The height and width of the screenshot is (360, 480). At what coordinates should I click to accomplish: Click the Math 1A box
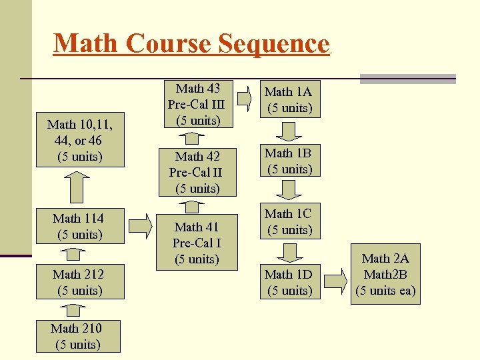[x=289, y=100]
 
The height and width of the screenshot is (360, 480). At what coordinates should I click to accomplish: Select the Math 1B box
[x=289, y=161]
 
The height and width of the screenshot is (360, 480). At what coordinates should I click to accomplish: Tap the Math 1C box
[x=288, y=222]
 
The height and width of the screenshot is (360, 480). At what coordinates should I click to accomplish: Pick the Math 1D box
[x=289, y=283]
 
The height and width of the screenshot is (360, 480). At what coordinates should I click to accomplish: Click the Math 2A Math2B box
[x=385, y=275]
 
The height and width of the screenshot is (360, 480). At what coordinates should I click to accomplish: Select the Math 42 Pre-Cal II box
[x=197, y=173]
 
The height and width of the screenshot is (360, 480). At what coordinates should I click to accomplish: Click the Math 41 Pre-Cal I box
[x=197, y=243]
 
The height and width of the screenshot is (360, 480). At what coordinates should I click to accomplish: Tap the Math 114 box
[x=78, y=227]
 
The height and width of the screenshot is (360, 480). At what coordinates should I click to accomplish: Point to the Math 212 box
[x=78, y=283]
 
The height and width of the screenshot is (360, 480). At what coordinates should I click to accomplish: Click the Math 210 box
[x=78, y=336]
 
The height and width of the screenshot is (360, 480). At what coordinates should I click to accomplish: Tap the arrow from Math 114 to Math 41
[x=139, y=227]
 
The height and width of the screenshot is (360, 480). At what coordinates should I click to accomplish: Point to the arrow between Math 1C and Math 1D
[x=289, y=252]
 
